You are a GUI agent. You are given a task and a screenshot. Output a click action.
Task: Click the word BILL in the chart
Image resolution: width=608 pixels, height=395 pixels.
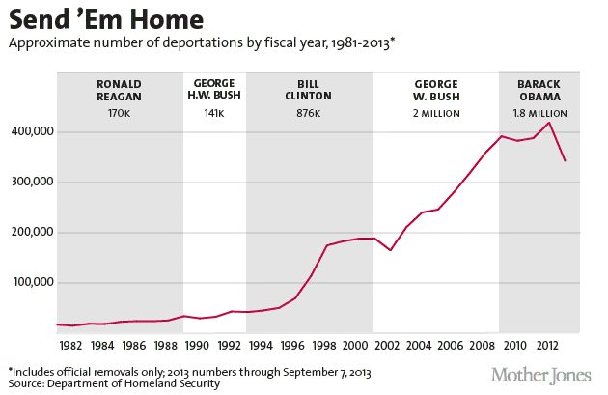tap(309, 84)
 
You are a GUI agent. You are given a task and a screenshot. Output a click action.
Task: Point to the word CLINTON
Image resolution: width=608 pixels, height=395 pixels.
tap(309, 96)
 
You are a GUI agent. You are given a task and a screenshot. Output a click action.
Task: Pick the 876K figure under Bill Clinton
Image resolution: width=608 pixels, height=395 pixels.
tap(309, 114)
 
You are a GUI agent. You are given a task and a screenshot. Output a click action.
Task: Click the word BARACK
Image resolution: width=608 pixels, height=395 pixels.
tap(540, 84)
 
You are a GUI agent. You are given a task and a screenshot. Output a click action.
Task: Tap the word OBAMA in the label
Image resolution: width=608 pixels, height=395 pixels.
tap(540, 96)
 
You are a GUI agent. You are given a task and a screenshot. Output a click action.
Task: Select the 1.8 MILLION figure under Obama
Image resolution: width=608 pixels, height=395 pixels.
tap(540, 114)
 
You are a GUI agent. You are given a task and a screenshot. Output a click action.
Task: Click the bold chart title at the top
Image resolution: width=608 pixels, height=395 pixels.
tap(106, 19)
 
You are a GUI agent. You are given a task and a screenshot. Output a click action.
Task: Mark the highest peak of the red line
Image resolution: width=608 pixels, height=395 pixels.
tap(549, 123)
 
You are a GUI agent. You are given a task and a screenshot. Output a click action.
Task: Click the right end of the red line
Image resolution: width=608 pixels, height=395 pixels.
tap(565, 160)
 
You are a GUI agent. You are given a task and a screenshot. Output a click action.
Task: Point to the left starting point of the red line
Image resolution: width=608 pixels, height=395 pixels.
tap(57, 324)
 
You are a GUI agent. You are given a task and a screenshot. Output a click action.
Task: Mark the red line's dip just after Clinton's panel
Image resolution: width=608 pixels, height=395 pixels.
tap(390, 249)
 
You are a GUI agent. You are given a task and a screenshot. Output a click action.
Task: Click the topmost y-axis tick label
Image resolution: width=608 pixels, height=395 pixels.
tap(29, 129)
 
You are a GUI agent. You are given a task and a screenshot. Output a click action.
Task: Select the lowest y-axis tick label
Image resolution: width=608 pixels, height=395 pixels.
tap(29, 278)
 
